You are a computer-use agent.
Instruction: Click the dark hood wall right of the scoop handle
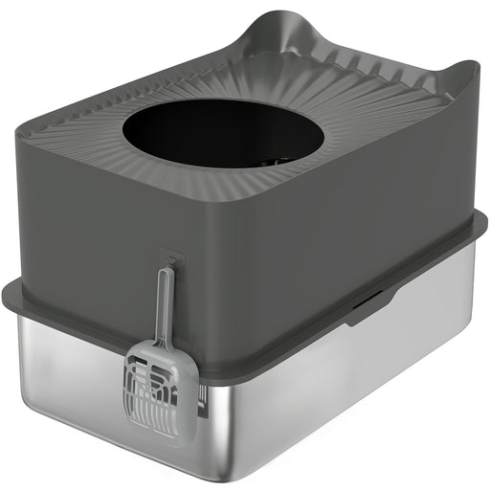[206, 287]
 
